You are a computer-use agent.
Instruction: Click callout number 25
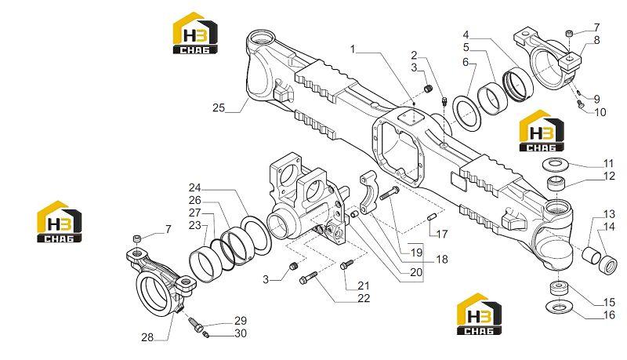pos(219,108)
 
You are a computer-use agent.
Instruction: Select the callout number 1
pos(353,49)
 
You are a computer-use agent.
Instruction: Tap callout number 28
pos(147,337)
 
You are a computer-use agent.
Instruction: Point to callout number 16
pos(609,315)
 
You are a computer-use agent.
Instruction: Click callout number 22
pos(364,298)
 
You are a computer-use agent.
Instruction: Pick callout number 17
pos(442,234)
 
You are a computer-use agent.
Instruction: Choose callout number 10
pos(600,112)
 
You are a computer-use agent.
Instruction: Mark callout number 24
pos(194,187)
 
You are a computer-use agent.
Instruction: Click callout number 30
pos(241,333)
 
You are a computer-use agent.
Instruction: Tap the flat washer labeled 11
pos(554,164)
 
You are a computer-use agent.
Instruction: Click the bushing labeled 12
pos(556,183)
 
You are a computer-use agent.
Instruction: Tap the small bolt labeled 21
pos(346,264)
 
